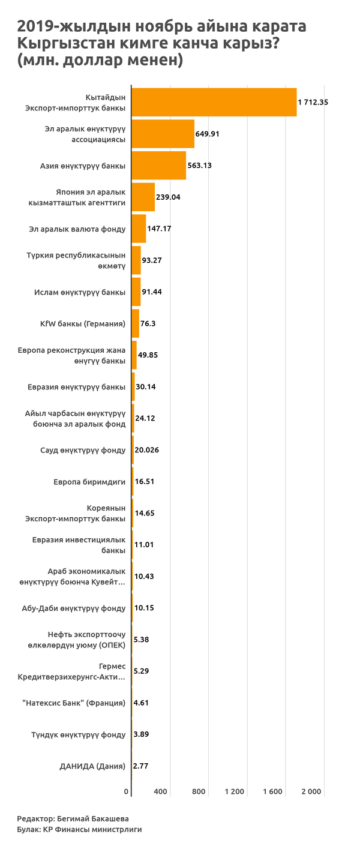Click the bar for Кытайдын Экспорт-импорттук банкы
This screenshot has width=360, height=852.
point(214,102)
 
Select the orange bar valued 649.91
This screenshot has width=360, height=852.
point(163,134)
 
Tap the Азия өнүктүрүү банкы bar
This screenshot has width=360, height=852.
point(158,166)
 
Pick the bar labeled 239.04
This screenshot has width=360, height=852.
point(143,197)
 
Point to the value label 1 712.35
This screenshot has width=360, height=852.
point(313,103)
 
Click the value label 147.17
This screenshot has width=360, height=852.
point(159,229)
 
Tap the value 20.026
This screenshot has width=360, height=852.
point(148,450)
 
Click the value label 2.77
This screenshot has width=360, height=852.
point(141,766)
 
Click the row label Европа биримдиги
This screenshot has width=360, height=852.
point(89,482)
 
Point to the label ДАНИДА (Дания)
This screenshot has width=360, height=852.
point(92,766)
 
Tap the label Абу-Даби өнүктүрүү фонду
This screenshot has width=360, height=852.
point(73,608)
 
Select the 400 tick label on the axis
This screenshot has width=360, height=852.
point(160,792)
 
